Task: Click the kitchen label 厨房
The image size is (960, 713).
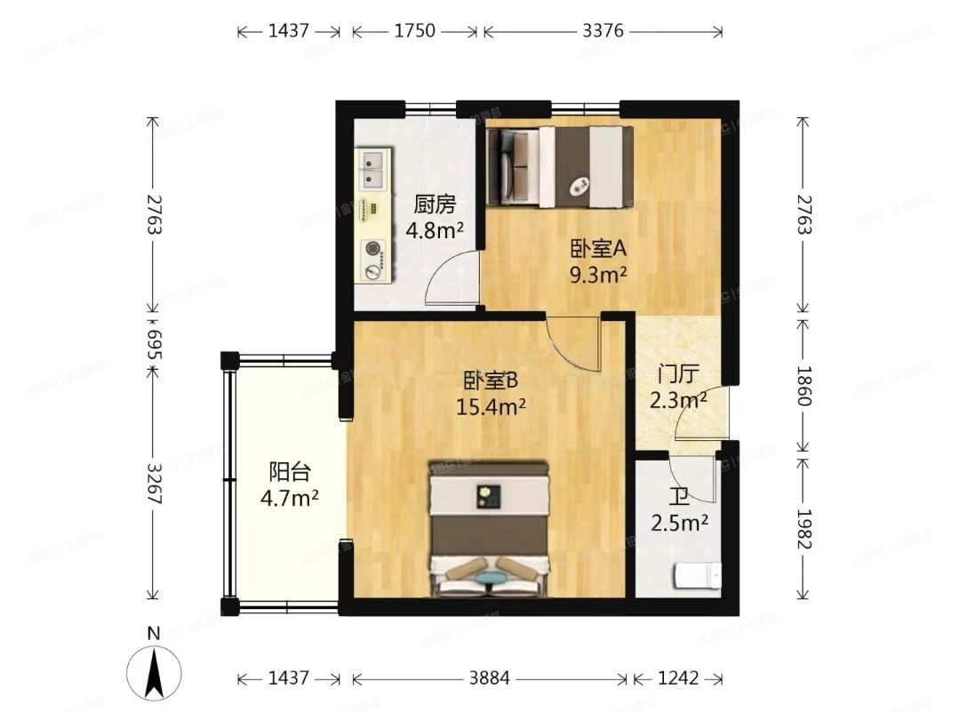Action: pos(435,205)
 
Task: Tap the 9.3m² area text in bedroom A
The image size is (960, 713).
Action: pos(599,274)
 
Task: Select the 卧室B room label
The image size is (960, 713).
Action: pos(490,381)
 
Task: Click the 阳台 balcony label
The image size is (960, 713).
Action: pos(290,471)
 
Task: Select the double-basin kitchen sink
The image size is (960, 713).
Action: pos(373,169)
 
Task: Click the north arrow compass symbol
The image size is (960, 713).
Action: pos(154,669)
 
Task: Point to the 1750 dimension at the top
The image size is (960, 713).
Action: pos(414,31)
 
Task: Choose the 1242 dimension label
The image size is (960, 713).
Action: pos(677,678)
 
